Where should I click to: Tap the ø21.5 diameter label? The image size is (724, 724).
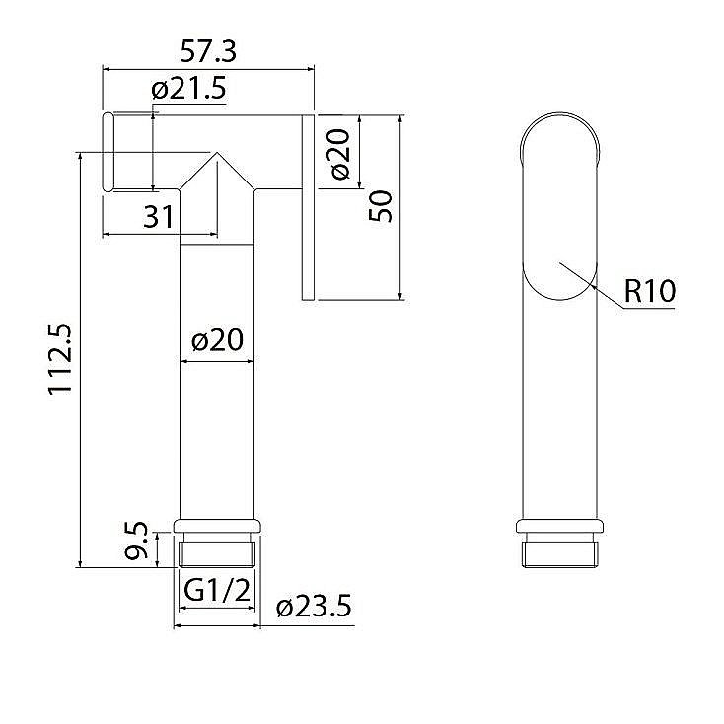(188, 89)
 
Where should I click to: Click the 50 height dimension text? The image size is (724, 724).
(382, 205)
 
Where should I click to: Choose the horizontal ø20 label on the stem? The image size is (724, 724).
(217, 340)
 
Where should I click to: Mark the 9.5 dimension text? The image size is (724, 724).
(139, 543)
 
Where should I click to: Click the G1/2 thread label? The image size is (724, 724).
(216, 591)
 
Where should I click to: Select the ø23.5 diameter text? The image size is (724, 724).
(315, 606)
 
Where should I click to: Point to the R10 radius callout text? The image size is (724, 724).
(649, 291)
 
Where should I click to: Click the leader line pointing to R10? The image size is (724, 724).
(592, 286)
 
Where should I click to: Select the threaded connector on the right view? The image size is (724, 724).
(559, 551)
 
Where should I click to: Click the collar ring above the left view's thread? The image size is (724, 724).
(217, 527)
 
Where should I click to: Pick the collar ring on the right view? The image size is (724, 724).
(559, 527)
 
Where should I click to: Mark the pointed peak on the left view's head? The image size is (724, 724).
(217, 154)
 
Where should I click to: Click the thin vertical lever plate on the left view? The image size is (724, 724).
(308, 207)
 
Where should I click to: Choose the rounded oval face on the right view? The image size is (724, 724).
(559, 207)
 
